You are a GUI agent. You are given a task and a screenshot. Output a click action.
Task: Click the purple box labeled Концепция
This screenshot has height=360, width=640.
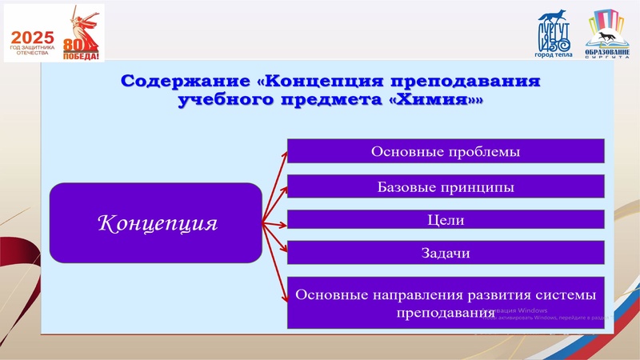157,222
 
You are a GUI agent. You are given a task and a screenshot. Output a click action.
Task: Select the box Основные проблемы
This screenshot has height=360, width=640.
445,151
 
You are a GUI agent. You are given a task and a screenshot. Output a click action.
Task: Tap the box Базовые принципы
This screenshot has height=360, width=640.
445,187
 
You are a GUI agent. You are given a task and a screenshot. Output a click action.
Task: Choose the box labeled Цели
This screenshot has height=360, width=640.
445,220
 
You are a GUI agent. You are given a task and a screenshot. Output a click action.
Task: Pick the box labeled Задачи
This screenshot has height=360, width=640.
445,253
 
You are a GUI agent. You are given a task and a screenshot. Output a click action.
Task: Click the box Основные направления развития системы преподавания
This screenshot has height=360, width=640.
445,302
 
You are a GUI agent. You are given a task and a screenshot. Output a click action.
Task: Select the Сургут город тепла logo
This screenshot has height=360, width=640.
553,36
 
